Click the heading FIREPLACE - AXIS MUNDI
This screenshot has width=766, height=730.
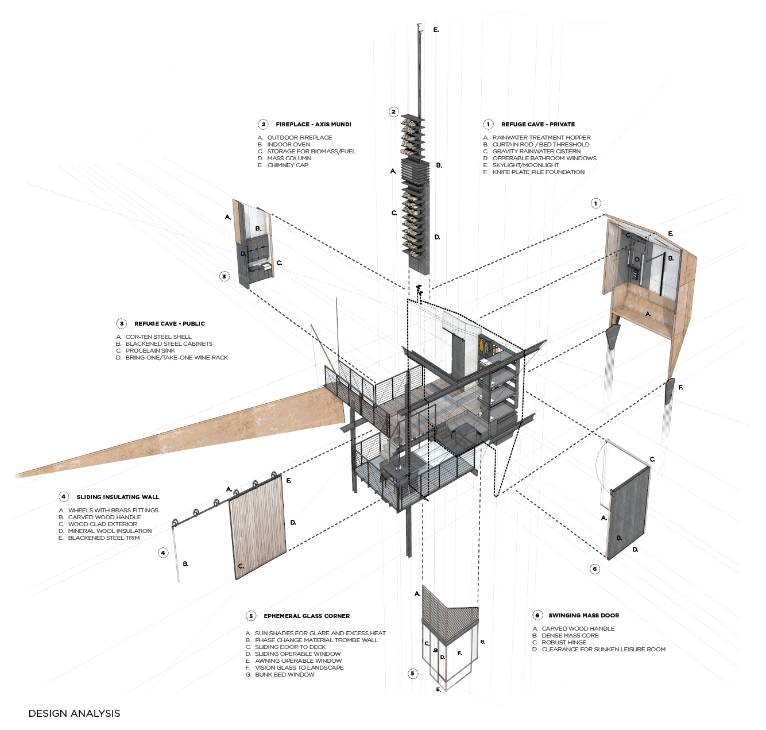[313, 125]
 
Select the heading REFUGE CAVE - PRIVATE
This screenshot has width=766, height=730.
[537, 125]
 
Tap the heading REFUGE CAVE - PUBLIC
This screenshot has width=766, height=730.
[169, 324]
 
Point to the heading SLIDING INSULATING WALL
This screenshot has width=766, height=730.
[118, 497]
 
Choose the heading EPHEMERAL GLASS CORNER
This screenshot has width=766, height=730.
[307, 616]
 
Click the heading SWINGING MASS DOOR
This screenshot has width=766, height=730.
[583, 616]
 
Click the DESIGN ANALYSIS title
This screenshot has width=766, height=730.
[74, 713]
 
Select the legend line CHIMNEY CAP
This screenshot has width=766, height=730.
[287, 165]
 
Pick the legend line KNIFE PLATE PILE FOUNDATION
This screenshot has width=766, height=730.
[538, 172]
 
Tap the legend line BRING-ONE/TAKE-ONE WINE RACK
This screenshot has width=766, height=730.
[176, 358]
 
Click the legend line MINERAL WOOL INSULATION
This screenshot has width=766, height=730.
[110, 531]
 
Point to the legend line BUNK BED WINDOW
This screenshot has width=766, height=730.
[284, 675]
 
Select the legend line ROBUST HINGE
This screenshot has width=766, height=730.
[563, 643]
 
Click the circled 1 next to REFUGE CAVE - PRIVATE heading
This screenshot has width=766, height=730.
[488, 125]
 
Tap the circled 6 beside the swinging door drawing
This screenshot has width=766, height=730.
[595, 569]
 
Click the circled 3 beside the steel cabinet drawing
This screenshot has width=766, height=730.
[225, 277]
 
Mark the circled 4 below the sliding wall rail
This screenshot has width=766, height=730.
[163, 553]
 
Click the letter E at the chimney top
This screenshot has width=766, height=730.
[436, 30]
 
